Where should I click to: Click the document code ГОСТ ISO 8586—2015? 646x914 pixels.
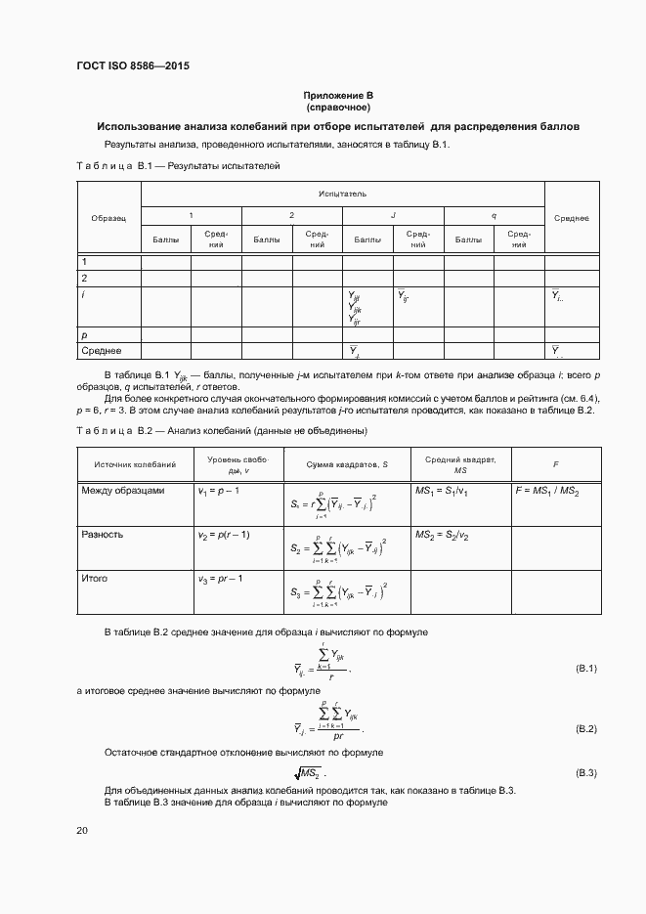click(x=132, y=66)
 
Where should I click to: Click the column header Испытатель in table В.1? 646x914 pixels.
click(x=342, y=195)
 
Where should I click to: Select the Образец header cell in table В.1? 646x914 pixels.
click(x=108, y=218)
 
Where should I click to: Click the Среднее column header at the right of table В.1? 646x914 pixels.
click(x=571, y=218)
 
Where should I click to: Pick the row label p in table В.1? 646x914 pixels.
click(x=84, y=334)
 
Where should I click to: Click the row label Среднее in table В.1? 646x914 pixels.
click(x=101, y=351)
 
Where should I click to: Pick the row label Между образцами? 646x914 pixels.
click(x=123, y=490)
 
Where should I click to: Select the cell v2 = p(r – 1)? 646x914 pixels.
click(x=224, y=535)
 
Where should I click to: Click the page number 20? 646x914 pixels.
click(x=82, y=830)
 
